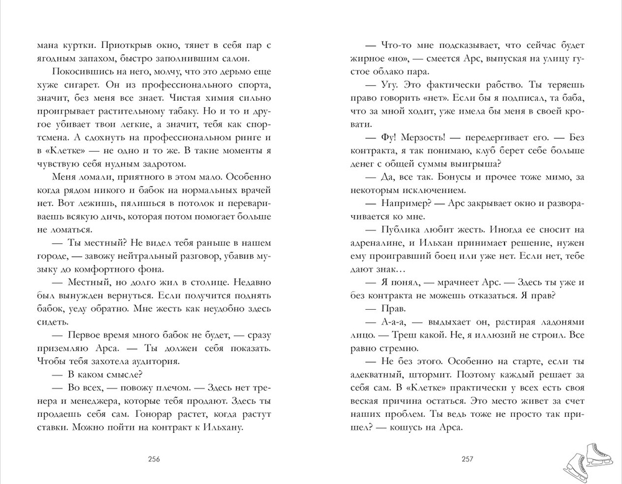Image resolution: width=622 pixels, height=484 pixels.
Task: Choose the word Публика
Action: [x=403, y=230]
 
